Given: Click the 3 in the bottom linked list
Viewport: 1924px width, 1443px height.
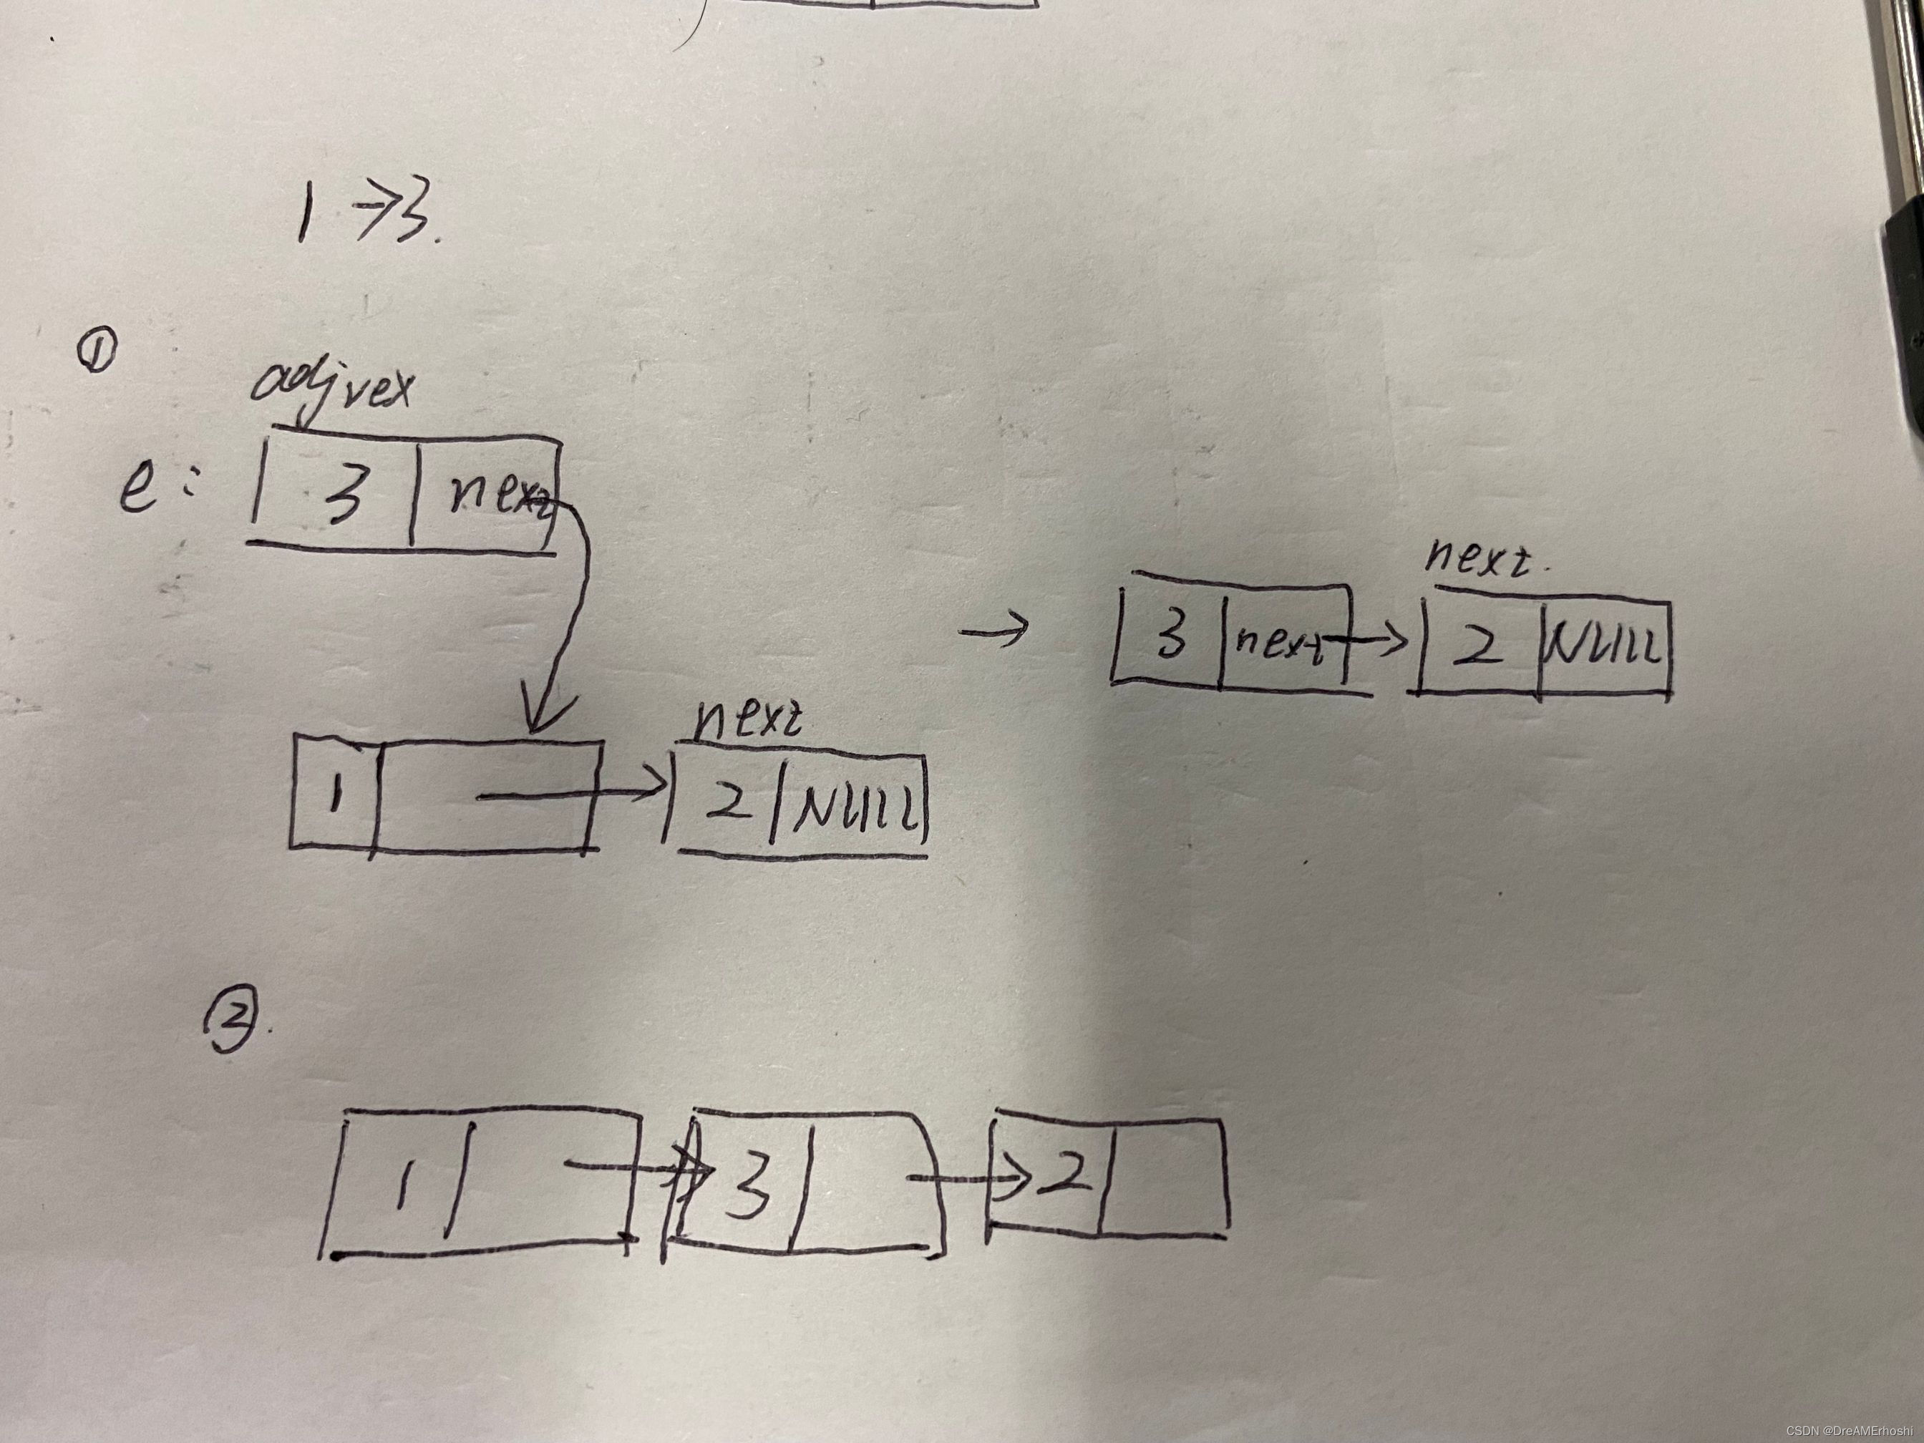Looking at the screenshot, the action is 748,1191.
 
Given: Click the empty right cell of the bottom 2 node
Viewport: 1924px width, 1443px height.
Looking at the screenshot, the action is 1163,1176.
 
